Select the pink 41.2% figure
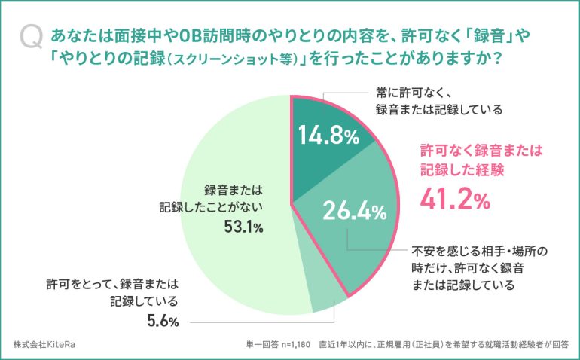click(x=455, y=200)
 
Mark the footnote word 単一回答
click(x=258, y=343)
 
